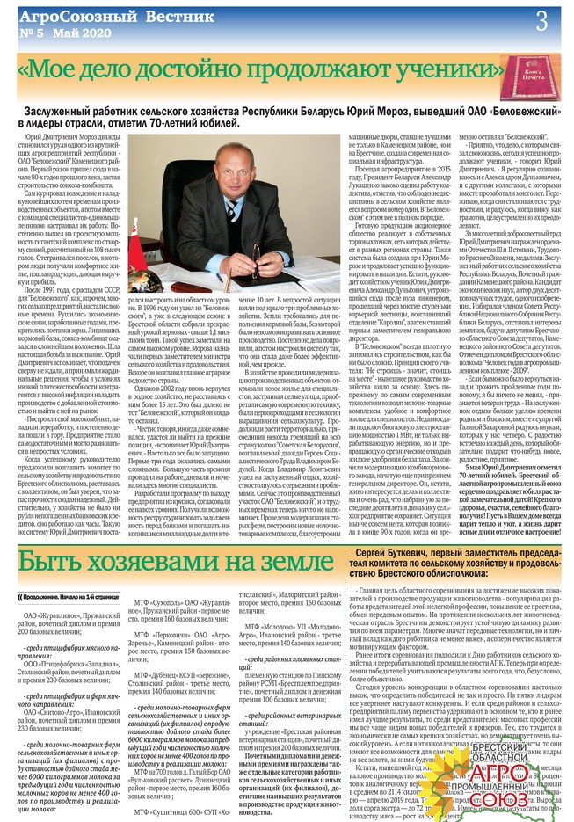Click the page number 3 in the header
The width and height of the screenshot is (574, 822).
click(x=542, y=18)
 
